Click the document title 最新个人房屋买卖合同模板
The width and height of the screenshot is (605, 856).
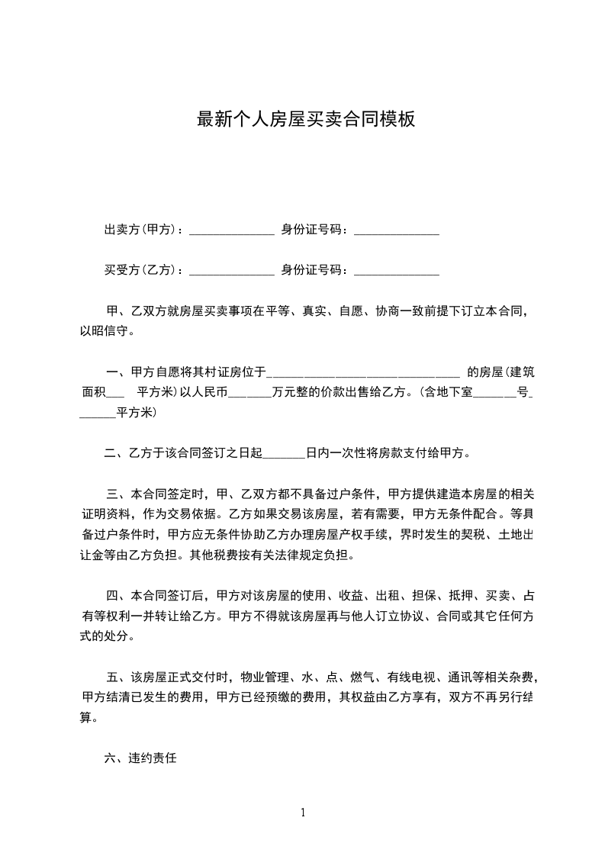pos(305,119)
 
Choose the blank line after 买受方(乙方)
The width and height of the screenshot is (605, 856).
pos(231,272)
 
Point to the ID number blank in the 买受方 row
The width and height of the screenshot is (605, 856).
pos(397,272)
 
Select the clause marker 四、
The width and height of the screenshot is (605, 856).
pos(116,595)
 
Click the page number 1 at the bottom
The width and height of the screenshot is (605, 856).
pos(303,813)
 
